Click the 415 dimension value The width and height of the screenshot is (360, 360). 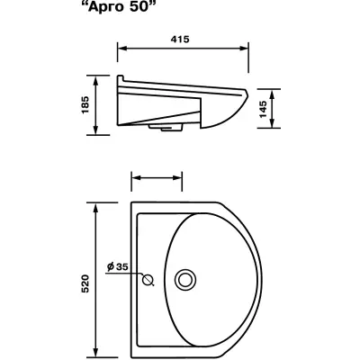[x=180, y=39]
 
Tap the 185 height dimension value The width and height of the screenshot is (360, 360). [x=85, y=104]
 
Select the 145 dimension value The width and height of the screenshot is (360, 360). [x=262, y=109]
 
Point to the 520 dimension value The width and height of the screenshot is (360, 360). [x=85, y=283]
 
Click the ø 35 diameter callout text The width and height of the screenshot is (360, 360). [x=118, y=266]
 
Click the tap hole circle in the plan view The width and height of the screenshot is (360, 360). [x=148, y=280]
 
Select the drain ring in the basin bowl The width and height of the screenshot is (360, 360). [x=185, y=280]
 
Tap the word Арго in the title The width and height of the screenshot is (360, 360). [x=105, y=7]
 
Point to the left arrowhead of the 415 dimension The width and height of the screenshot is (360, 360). [x=121, y=49]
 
